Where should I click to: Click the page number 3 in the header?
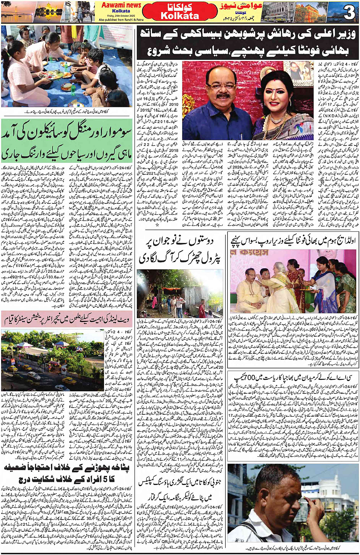[349, 13]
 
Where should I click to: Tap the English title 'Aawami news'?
[121, 5]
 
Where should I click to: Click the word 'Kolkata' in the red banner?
[180, 16]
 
